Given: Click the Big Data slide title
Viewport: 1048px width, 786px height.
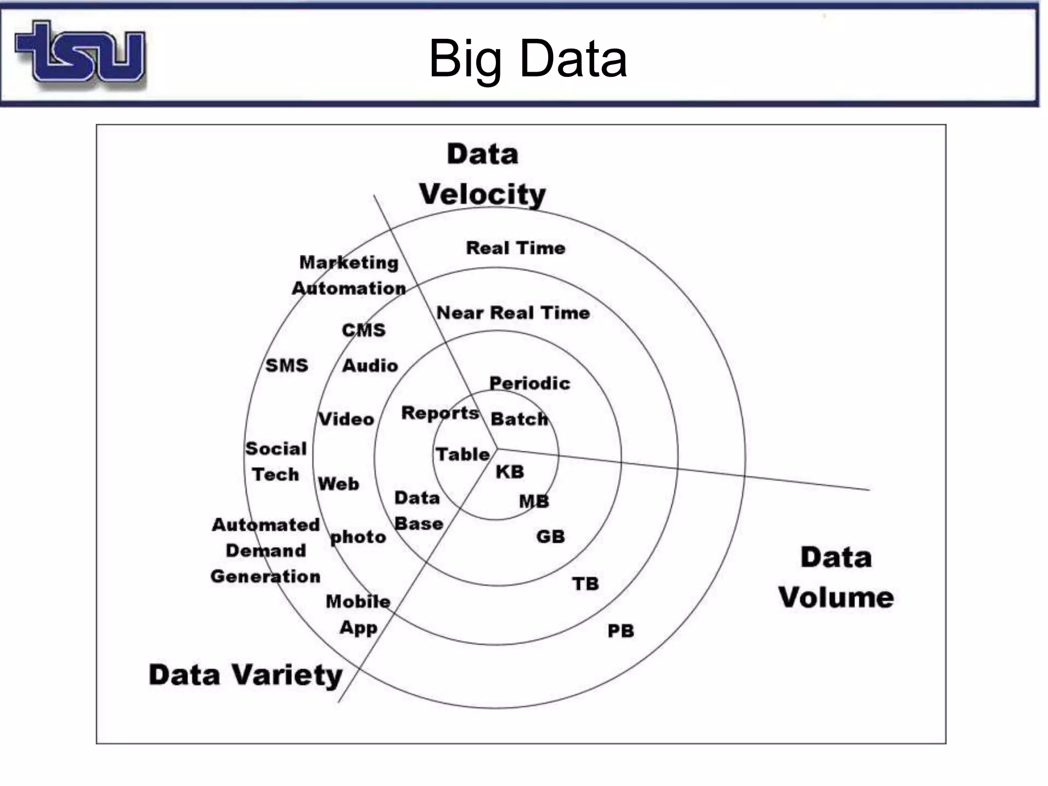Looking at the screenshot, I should tap(528, 59).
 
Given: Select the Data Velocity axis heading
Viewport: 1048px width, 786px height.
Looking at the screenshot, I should tap(483, 174).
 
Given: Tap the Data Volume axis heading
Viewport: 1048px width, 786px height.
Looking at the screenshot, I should tap(836, 577).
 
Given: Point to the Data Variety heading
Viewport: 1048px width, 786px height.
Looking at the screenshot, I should tap(246, 675).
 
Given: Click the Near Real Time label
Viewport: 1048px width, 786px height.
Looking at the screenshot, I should tap(513, 313).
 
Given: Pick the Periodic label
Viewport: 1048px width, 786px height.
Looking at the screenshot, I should tap(530, 383).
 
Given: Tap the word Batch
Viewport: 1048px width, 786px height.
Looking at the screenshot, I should tap(519, 419).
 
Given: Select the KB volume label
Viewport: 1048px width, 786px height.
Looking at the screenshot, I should tap(510, 472).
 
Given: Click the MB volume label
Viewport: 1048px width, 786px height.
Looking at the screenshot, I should tap(534, 501).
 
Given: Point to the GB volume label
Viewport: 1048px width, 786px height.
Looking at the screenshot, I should tap(551, 537).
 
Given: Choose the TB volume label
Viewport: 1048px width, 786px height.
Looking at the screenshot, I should tap(585, 584).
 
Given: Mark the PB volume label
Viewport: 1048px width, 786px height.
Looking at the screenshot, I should tap(621, 631).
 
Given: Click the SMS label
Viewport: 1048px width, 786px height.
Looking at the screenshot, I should tap(287, 365).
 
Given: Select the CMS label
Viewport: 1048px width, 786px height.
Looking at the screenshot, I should tap(363, 330).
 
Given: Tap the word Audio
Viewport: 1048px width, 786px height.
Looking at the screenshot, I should tap(370, 365).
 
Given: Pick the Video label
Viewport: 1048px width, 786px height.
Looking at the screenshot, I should tap(346, 419).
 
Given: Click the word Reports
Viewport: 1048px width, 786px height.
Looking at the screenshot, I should tap(440, 412).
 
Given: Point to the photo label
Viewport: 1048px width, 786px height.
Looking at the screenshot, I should tap(358, 537).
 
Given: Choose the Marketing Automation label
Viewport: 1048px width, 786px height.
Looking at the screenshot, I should tap(349, 275).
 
